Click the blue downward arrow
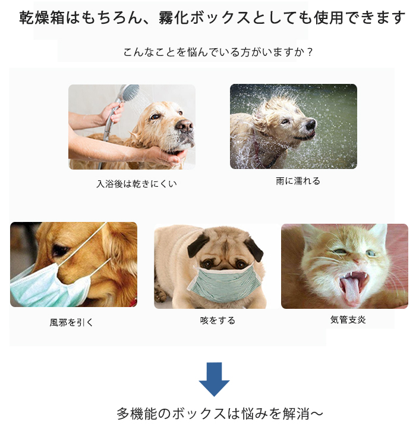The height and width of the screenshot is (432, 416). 214,379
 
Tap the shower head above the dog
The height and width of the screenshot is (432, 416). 130,92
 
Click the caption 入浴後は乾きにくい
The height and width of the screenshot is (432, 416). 137,184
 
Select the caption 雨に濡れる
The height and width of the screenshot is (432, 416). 298,181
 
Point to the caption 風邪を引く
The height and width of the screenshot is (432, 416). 71,323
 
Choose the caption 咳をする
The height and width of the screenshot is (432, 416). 218,320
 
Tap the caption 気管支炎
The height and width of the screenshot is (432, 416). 348,320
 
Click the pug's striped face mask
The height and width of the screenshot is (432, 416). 224,284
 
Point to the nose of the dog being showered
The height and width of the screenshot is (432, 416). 185,126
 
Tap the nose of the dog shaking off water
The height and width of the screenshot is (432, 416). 311,124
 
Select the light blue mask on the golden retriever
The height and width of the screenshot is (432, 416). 47,287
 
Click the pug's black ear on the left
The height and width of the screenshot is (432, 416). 198,244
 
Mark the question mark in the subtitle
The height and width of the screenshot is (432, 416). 310,52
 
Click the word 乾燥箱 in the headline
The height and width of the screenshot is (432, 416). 42,18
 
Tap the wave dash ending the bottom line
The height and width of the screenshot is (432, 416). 316,414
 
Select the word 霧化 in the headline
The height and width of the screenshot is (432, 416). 174,18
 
